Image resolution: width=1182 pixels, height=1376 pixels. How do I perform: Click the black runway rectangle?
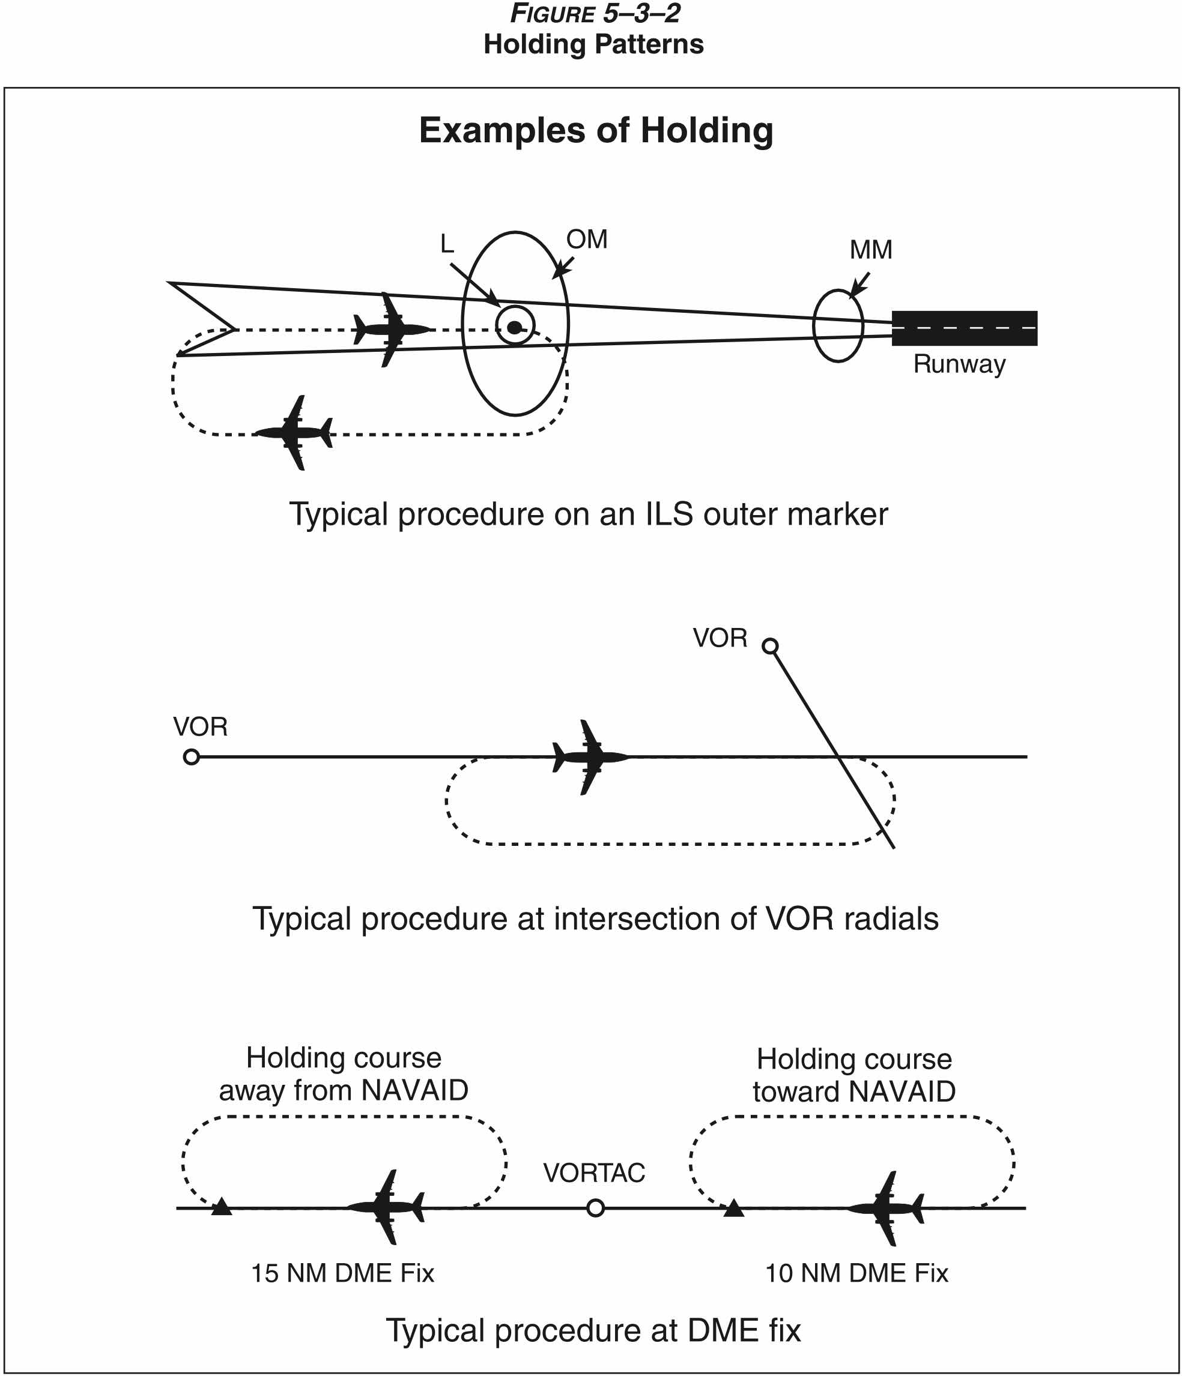tap(963, 327)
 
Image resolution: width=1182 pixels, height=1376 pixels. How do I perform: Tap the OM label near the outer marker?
tap(587, 239)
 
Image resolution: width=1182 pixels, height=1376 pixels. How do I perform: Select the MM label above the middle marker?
tap(870, 250)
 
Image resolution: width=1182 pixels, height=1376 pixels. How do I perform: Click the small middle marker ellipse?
tap(838, 326)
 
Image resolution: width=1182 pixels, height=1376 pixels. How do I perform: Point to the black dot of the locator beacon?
tap(515, 326)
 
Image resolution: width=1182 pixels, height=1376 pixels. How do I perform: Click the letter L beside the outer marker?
tap(447, 244)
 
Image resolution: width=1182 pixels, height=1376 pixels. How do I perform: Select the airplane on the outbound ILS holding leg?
tap(295, 433)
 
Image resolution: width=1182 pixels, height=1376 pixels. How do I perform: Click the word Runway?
tap(959, 364)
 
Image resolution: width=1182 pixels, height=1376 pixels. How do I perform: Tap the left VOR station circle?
tap(192, 756)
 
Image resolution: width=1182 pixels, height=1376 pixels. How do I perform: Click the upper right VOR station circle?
tap(770, 645)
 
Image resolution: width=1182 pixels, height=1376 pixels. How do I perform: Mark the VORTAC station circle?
tap(595, 1208)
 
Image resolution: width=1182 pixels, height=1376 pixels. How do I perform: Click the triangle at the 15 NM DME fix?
tap(221, 1207)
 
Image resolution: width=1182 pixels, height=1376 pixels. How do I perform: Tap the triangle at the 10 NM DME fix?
tap(733, 1207)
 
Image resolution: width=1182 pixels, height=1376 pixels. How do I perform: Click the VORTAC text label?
tap(594, 1173)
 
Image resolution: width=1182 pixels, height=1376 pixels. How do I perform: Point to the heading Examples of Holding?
tap(596, 130)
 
